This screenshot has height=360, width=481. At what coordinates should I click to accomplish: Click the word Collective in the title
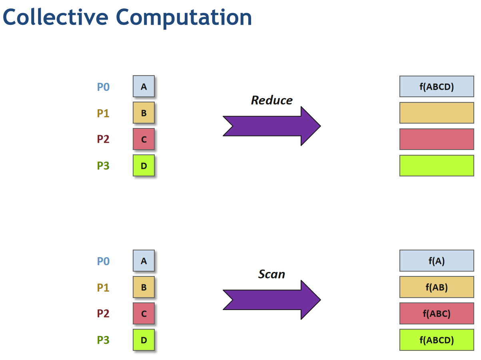click(56, 17)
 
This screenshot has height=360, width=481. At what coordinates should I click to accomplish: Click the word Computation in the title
click(184, 18)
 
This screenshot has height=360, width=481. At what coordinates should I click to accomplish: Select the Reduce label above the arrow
click(272, 100)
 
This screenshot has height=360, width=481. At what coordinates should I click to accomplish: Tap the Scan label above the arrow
click(272, 274)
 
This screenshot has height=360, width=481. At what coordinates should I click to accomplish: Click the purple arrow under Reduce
click(272, 126)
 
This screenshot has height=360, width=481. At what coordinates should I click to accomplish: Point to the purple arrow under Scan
click(272, 300)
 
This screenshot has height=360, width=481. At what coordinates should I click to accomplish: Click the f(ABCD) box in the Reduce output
click(437, 86)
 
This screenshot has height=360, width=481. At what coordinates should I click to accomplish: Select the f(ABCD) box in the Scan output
click(437, 340)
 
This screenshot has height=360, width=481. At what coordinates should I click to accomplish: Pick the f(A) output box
click(437, 261)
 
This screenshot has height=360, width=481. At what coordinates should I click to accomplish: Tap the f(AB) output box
click(437, 287)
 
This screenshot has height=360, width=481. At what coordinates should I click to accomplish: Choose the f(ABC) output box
click(437, 313)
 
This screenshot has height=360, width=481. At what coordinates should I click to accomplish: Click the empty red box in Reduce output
click(437, 139)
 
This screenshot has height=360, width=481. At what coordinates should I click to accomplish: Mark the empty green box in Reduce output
click(437, 166)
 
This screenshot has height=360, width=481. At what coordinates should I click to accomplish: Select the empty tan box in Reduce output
click(437, 113)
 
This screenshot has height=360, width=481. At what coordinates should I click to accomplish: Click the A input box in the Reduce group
click(144, 86)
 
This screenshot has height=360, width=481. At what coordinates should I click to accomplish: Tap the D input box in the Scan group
click(144, 340)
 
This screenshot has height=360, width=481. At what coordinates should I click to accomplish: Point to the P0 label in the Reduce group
click(103, 87)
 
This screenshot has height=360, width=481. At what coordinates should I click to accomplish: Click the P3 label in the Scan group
click(103, 340)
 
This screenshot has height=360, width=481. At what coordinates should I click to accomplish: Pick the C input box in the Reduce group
click(144, 139)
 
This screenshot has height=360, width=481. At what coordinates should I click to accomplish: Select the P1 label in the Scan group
click(103, 288)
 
